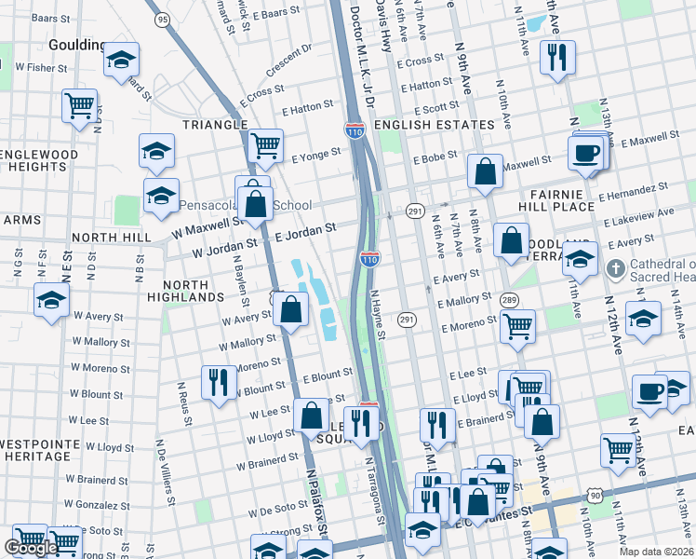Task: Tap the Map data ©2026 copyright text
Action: tap(655, 552)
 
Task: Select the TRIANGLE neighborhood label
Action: tap(215, 125)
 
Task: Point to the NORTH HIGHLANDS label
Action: tap(194, 290)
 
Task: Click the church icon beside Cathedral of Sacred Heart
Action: tap(614, 268)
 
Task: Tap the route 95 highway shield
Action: tap(163, 19)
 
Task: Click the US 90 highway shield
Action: tap(595, 496)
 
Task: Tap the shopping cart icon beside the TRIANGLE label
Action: tap(265, 144)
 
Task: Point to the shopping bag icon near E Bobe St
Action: tap(485, 170)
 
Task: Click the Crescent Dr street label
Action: tap(287, 60)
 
